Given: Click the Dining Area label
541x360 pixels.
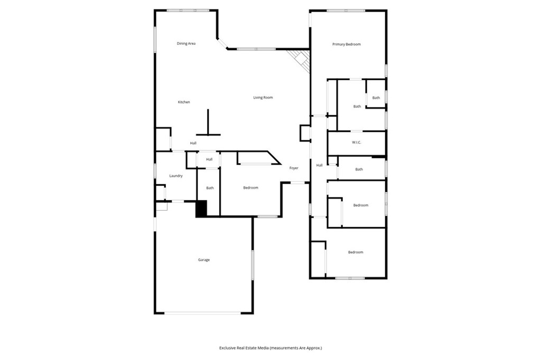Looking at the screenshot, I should coord(186,43).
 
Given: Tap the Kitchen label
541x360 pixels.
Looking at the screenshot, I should coord(183,102).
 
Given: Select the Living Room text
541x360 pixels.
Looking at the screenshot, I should coord(263,98).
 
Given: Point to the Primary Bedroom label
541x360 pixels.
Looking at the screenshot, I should coord(346,44).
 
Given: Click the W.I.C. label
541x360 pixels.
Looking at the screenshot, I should coord(356,143).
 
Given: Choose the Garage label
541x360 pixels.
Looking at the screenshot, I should coord(204,260).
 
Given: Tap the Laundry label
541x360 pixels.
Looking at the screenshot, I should coord(176,176).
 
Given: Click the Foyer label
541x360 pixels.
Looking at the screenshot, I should coord(294,168).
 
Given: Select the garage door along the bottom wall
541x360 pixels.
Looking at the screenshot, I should coord(202,314).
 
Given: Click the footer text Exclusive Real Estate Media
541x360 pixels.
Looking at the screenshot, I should coord(270,348).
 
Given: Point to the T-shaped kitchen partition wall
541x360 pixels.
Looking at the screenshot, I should coord(208,124).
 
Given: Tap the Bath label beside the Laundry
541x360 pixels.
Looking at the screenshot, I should coord(210,188).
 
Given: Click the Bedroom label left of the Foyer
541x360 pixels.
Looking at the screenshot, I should coord(250,188).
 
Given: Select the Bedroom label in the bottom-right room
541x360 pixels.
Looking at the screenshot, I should coord(356,252).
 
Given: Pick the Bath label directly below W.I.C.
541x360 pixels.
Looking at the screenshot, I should coord(359,169).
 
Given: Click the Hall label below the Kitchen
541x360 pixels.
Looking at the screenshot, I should coord(193,143).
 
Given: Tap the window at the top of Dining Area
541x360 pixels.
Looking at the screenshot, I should coord(188,10).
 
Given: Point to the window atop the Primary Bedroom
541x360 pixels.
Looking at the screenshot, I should coord(345,10).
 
